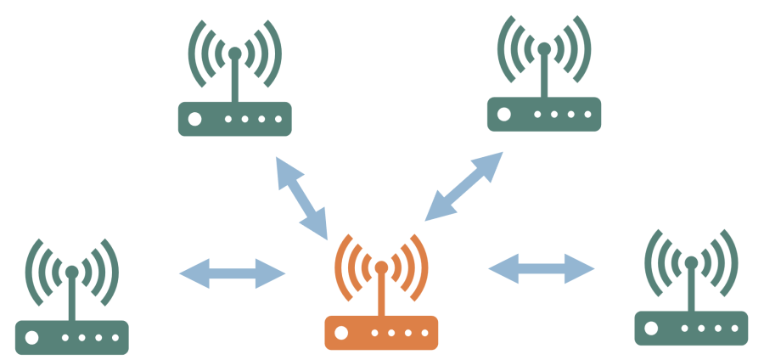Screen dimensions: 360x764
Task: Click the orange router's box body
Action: [x=381, y=332]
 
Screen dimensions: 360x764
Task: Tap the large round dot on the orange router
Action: [x=342, y=332]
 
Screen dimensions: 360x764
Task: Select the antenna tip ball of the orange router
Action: [x=381, y=267]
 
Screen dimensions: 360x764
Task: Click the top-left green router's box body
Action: [x=234, y=119]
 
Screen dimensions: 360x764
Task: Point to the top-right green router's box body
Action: [x=544, y=114]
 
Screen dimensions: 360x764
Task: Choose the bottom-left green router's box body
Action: [x=72, y=337]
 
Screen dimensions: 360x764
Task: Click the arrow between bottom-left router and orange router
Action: [x=233, y=273]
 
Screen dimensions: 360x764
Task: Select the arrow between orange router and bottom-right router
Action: [x=542, y=268]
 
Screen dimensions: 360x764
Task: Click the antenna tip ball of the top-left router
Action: [x=234, y=53]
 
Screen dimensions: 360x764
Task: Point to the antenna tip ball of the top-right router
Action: [x=544, y=49]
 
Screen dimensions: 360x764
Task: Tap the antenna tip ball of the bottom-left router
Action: [x=72, y=272]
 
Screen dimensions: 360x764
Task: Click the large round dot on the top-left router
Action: [x=195, y=119]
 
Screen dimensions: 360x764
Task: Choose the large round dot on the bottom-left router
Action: [x=33, y=337]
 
